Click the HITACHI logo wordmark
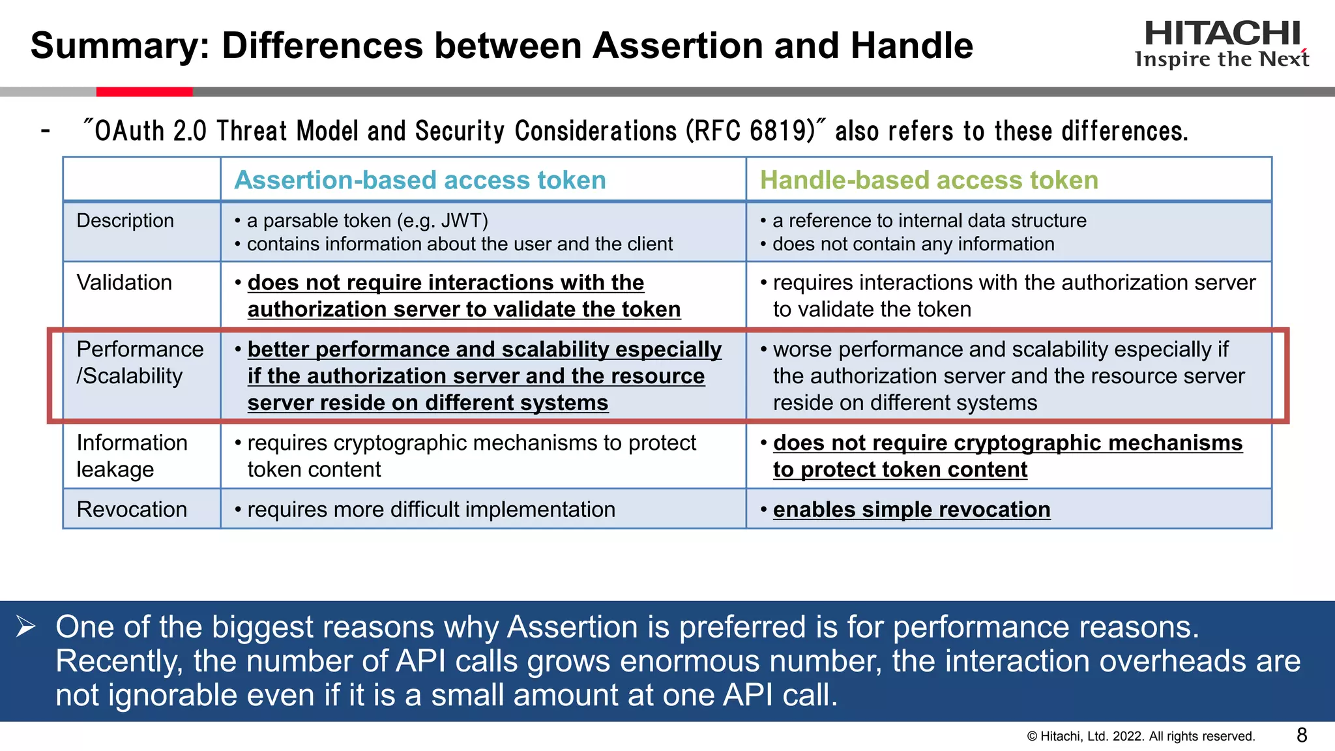1222,33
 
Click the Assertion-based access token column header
420,181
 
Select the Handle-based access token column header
929,181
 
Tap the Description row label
125,220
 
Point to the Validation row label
125,282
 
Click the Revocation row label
132,509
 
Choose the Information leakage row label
132,456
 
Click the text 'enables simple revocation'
911,509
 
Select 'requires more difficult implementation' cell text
431,509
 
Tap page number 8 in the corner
1302,735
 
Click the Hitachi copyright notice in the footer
1141,737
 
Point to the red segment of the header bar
144,92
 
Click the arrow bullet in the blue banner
26,626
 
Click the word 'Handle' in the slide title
911,46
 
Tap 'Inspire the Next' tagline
1222,59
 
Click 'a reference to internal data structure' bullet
929,220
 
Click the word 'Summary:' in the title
120,46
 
